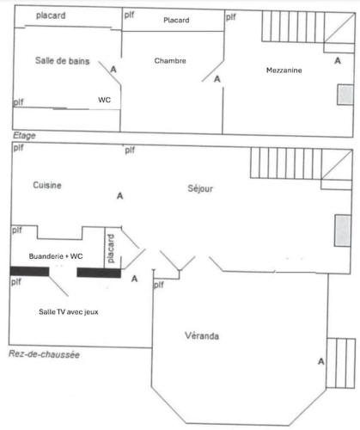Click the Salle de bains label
click(x=63, y=61)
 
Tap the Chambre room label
click(x=170, y=61)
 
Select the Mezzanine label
click(x=284, y=71)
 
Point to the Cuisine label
click(x=47, y=185)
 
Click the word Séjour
click(x=200, y=188)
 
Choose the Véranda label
click(x=202, y=335)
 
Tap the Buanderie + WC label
click(x=56, y=256)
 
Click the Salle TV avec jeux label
click(x=69, y=312)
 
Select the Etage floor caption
click(x=24, y=136)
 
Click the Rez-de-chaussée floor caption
click(x=44, y=354)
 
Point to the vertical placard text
click(x=111, y=249)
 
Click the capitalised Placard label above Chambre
click(x=176, y=20)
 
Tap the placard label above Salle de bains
click(x=51, y=15)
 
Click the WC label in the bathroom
click(x=104, y=100)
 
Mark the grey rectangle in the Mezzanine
click(x=345, y=95)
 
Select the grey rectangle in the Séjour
click(x=343, y=230)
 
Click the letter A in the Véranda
click(x=321, y=361)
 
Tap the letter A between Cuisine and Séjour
click(x=120, y=196)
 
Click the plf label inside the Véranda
click(x=159, y=285)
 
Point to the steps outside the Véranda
click(x=341, y=363)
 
